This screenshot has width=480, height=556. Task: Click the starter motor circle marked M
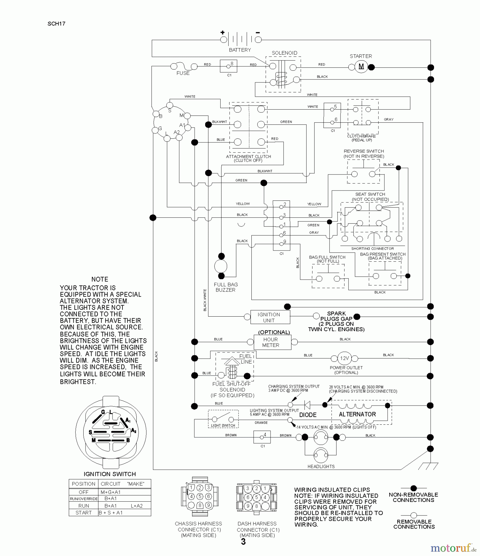[x=361, y=67]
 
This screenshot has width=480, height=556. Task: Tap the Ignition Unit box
[x=269, y=317]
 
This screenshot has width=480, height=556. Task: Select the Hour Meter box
[x=271, y=342]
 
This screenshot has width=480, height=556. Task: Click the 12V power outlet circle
[x=344, y=358]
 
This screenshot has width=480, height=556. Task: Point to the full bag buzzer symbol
[x=221, y=266]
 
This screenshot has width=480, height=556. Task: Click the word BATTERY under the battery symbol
[x=240, y=50]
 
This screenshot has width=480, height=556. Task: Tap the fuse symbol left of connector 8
[x=184, y=66]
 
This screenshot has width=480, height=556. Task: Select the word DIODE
[x=308, y=415]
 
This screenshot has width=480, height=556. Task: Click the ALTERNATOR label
[x=357, y=415]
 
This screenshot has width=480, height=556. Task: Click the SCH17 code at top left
[x=56, y=24]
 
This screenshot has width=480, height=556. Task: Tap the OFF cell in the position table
[x=83, y=492]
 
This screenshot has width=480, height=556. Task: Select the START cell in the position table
[x=83, y=513]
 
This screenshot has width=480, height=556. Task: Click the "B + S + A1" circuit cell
[x=111, y=513]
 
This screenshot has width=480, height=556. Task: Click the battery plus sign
[x=222, y=32]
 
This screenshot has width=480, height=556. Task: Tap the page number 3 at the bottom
[x=243, y=542]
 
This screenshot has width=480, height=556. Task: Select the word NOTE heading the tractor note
[x=100, y=279]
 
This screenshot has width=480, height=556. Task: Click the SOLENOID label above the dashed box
[x=284, y=53]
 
